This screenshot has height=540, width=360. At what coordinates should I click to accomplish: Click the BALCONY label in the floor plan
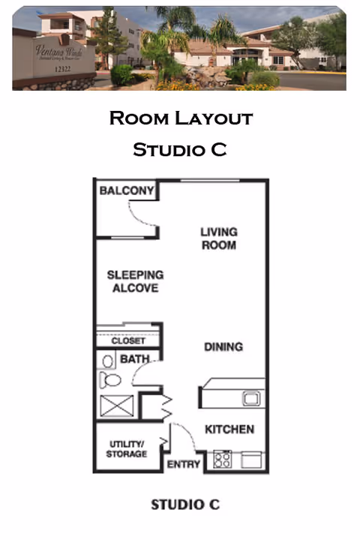(x=127, y=191)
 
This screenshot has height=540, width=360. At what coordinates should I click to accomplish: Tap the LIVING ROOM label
(x=218, y=238)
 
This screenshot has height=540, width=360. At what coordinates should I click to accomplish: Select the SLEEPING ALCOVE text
(x=135, y=281)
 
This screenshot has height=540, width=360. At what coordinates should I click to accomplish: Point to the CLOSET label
(x=128, y=341)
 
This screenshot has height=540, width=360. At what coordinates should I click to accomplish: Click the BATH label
(x=134, y=360)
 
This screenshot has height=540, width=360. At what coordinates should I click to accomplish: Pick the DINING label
(x=223, y=347)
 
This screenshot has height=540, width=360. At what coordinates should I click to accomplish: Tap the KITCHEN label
(x=229, y=430)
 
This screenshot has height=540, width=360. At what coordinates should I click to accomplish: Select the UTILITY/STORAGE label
(x=127, y=448)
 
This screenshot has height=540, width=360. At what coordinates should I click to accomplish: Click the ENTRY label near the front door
(x=183, y=465)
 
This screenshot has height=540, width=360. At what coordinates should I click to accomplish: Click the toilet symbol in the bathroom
(x=110, y=379)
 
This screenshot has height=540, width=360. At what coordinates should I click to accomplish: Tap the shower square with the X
(x=118, y=406)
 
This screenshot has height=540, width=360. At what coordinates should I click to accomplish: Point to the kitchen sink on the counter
(x=250, y=398)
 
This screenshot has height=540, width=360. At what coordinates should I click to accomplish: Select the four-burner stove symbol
(x=223, y=459)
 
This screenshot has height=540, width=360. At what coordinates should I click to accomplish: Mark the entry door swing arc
(x=184, y=439)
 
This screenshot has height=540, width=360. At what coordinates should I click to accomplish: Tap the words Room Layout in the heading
(x=180, y=118)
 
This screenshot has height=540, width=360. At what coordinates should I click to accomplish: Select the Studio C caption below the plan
(x=185, y=504)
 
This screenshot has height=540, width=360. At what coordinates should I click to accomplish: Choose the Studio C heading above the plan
(x=180, y=149)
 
